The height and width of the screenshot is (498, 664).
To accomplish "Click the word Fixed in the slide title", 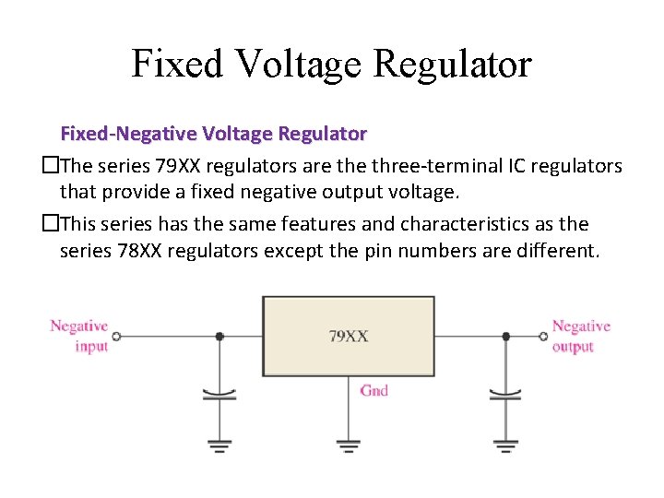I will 175,64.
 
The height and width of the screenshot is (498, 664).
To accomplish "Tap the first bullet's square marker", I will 51,166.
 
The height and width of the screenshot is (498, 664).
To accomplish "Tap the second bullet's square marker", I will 51,224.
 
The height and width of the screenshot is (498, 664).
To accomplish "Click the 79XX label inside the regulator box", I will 349,337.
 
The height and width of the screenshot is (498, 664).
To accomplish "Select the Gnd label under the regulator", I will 373,391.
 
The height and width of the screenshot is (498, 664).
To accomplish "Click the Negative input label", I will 79,336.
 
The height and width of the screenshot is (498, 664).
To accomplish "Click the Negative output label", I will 581,336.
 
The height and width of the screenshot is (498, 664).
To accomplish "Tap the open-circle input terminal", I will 116,337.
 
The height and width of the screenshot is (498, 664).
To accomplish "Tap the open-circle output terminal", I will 543,337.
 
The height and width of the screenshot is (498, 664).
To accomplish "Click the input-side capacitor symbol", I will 219,396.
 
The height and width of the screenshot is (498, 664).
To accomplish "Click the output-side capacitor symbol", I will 505,396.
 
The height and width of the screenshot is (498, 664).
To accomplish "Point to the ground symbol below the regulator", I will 348,446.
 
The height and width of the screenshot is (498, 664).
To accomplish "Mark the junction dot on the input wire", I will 219,337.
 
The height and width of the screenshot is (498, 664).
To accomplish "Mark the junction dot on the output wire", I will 505,337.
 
